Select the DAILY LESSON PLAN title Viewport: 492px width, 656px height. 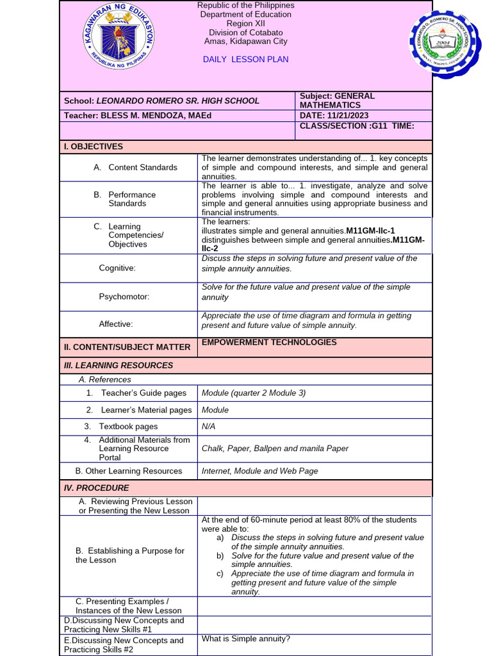(245, 60)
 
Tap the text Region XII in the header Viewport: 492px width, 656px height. (245, 24)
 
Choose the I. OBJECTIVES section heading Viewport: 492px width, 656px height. (94, 147)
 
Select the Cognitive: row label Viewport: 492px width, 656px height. (117, 268)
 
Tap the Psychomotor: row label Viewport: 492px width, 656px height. (124, 297)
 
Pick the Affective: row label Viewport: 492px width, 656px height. (116, 324)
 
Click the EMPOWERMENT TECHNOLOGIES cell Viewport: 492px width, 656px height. (269, 343)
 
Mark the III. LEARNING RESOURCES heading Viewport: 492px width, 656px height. (119, 365)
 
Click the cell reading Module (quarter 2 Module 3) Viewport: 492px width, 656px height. (254, 393)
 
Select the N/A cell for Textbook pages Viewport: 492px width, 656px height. (209, 427)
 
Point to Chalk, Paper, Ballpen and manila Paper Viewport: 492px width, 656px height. (275, 448)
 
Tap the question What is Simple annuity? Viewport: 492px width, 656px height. (246, 639)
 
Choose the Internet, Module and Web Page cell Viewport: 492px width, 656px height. (259, 471)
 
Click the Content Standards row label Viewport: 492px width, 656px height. (142, 167)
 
